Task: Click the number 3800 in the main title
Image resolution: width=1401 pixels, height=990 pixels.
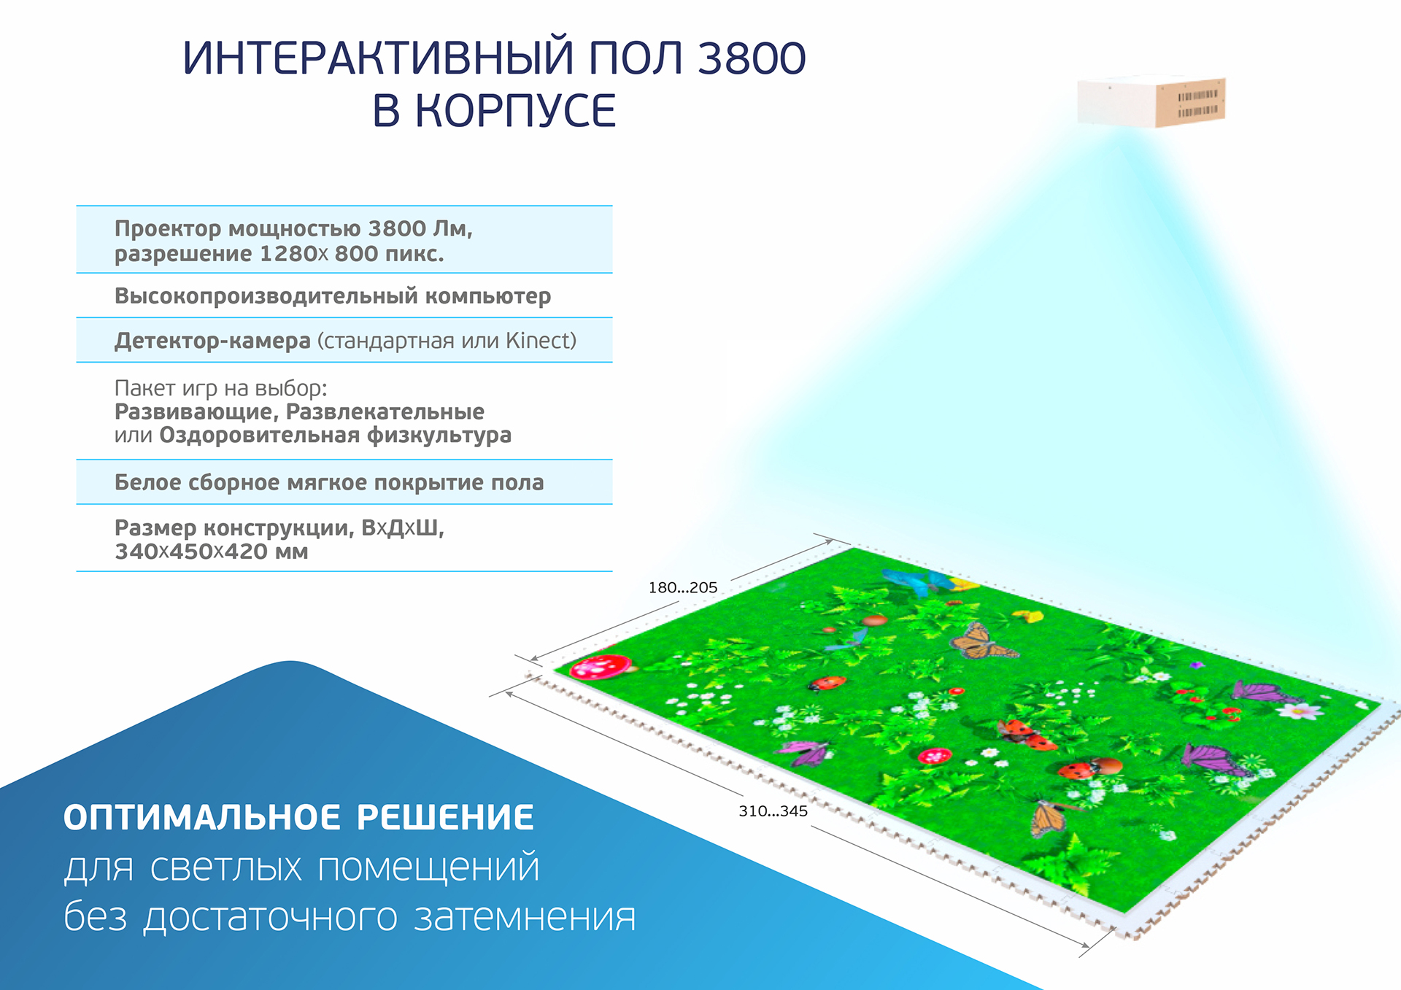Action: tap(752, 58)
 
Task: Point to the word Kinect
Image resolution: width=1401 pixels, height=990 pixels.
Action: tap(537, 341)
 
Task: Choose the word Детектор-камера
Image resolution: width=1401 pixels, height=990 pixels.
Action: tap(212, 341)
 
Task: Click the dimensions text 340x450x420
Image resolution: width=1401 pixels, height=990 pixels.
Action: tap(191, 552)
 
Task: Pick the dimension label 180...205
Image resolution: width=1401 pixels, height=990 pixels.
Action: tap(683, 587)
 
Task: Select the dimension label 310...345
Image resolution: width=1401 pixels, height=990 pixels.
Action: tap(773, 811)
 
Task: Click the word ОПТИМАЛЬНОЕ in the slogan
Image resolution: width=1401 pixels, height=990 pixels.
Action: tap(202, 817)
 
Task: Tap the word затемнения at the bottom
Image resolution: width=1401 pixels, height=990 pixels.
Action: tap(525, 917)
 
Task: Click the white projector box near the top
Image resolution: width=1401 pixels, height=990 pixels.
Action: tap(1151, 101)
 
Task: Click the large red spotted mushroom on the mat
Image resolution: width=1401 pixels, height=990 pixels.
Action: tap(601, 666)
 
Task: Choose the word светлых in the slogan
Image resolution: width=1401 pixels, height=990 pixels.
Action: tap(226, 867)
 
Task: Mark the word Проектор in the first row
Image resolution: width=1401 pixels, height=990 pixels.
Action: tap(168, 229)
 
